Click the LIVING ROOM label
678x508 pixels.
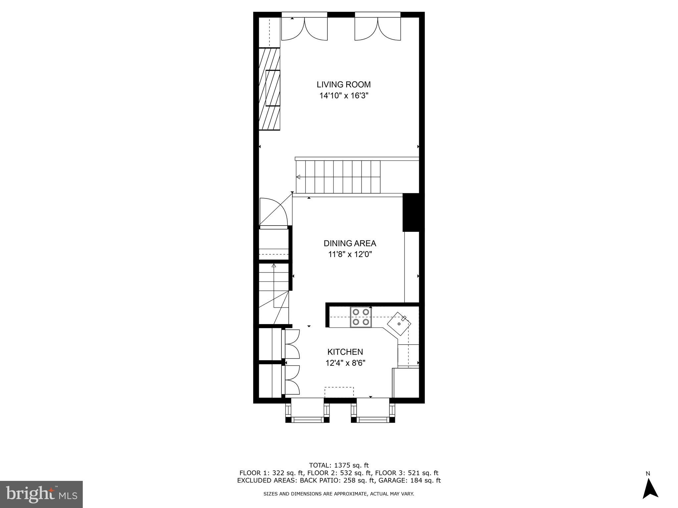point(344,84)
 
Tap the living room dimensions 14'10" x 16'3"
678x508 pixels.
point(344,96)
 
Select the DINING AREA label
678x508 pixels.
point(350,243)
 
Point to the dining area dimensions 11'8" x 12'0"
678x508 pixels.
point(350,255)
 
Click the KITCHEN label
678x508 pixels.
point(345,352)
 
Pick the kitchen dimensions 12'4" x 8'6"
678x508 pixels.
point(345,363)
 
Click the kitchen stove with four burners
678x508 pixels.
point(361,317)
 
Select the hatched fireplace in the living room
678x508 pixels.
point(269,89)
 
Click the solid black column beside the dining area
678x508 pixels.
point(413,212)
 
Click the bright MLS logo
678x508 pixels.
point(41,494)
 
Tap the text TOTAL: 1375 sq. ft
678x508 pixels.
point(339,465)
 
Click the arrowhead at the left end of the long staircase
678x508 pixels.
point(298,177)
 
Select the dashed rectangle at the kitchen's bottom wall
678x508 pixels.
point(339,392)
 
